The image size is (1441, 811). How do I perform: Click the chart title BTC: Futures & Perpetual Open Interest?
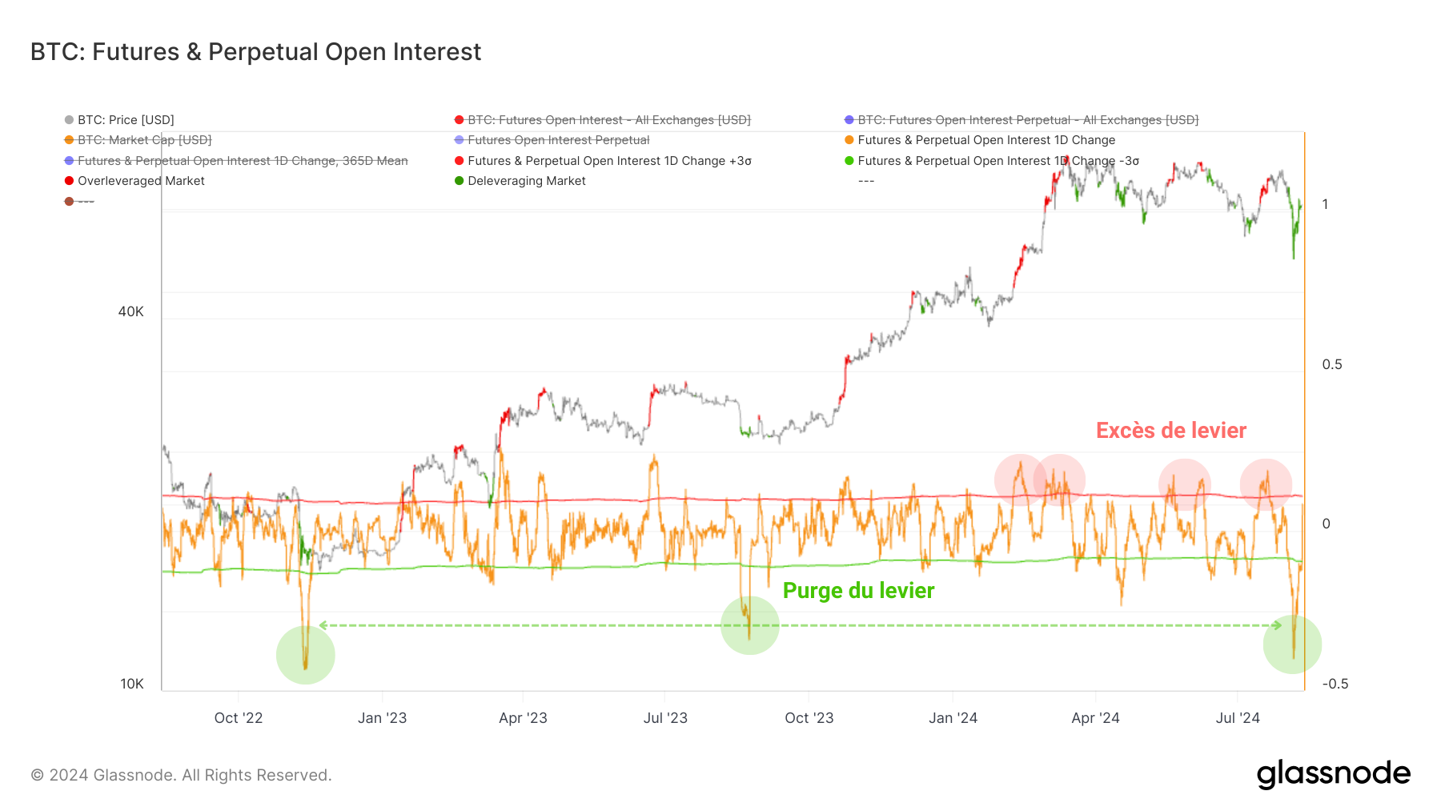255,52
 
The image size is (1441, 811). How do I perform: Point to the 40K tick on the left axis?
131,311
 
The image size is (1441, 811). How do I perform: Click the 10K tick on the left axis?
132,684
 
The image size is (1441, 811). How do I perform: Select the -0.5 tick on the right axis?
1335,684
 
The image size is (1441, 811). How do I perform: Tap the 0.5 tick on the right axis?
1332,364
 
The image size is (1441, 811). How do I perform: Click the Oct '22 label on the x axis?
239,718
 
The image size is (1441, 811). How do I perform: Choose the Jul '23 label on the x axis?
665,718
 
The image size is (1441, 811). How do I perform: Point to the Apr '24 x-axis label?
1095,718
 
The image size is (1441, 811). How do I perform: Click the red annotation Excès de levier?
1170,431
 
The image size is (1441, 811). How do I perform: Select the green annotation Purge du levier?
858,591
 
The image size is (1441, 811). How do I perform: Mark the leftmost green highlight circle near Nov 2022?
305,655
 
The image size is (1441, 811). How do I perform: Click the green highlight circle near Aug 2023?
749,625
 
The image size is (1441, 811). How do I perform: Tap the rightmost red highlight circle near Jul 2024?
1266,484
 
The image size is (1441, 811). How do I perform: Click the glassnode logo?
1333,774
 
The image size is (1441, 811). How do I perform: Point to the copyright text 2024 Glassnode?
181,775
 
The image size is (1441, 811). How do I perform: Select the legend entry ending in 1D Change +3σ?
609,161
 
